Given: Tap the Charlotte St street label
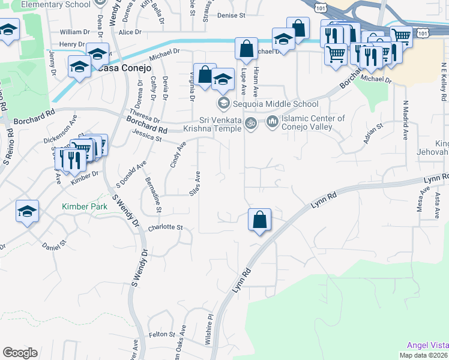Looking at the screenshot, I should click(x=165, y=227).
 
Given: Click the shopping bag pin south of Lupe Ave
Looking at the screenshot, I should click(x=259, y=220).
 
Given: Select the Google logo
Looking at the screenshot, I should click(x=19, y=352).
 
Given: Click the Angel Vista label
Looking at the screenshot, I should click(x=427, y=345).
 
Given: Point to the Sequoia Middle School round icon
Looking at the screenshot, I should click(x=224, y=104).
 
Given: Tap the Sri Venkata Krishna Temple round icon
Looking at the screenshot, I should click(x=252, y=123).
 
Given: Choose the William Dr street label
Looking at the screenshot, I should click(x=74, y=31).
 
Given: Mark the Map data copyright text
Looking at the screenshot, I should click(x=424, y=355).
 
